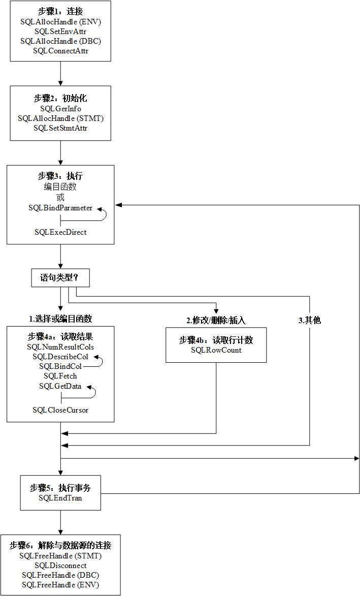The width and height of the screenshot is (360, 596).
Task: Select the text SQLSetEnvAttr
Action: pos(60,32)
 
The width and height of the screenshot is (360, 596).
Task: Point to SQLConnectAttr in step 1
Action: pos(60,51)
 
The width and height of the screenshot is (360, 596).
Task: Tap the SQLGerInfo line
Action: pos(60,109)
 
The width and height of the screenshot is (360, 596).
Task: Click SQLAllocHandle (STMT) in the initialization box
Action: pos(60,118)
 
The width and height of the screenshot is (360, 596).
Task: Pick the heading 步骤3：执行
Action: pos(60,176)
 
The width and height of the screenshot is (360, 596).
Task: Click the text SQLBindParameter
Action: pos(60,208)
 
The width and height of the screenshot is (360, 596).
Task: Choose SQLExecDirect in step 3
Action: pos(60,232)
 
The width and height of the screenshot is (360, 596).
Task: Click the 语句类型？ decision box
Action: pos(61,278)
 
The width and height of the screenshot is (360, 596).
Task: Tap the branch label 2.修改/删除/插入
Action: pos(216,320)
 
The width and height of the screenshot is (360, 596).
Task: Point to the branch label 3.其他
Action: pos(309,320)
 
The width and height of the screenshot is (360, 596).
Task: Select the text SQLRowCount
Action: pos(216,350)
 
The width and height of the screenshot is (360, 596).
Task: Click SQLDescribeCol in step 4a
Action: pos(60,357)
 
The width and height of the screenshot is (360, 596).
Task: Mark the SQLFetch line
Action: pos(60,376)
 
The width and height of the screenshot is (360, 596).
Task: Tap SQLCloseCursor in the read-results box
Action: pos(60,410)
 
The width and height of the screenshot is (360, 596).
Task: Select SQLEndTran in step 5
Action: pos(60,498)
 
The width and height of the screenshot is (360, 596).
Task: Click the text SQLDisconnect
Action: pos(60,566)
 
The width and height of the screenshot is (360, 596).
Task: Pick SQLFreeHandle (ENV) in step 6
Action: pos(60,585)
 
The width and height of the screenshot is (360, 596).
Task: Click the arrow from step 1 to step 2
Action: pos(60,74)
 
